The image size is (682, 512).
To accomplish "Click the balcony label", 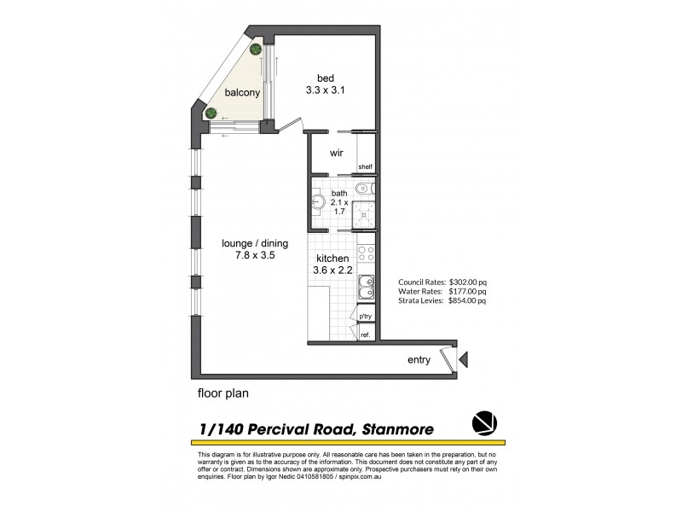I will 242,93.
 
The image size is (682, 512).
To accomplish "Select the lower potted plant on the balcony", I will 211,112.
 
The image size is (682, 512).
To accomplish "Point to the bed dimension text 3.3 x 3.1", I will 325,89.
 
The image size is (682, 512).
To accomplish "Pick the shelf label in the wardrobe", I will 365,166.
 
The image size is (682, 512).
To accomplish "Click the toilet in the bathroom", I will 365,188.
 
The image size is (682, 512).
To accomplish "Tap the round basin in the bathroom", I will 318,203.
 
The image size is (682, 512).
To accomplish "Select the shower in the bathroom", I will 365,215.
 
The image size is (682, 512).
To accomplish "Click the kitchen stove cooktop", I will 366,253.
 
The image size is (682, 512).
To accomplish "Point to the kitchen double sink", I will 365,288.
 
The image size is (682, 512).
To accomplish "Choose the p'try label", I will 366,317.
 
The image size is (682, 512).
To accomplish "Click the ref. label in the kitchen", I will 366,335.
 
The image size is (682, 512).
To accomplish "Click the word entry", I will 419,360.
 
